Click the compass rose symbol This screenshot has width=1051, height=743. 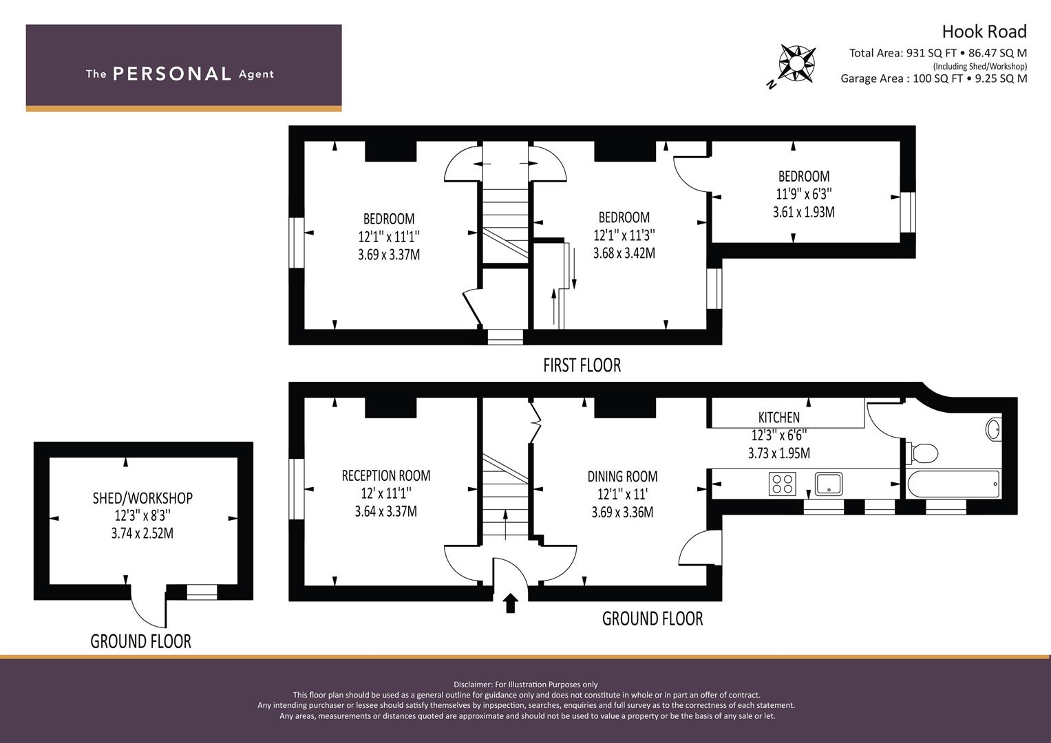pyautogui.click(x=796, y=63)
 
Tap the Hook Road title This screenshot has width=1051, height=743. pyautogui.click(x=984, y=32)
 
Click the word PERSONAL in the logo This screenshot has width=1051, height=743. pyautogui.click(x=172, y=74)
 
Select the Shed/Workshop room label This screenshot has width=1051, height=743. pyautogui.click(x=142, y=498)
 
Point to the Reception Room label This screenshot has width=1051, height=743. pyautogui.click(x=385, y=475)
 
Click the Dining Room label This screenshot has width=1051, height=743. pyautogui.click(x=622, y=477)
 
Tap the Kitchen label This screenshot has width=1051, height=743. pyautogui.click(x=779, y=418)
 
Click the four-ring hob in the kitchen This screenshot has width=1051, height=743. pyautogui.click(x=782, y=484)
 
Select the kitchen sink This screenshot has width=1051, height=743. pyautogui.click(x=829, y=484)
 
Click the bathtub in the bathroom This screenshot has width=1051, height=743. pyautogui.click(x=954, y=484)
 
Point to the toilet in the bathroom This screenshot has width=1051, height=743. pyautogui.click(x=922, y=453)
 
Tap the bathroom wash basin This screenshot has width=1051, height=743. pyautogui.click(x=992, y=429)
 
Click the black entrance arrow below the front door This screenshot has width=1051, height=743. pyautogui.click(x=511, y=603)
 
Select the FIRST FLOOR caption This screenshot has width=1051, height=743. pyautogui.click(x=582, y=365)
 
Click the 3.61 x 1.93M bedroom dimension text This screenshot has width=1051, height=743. pyautogui.click(x=804, y=212)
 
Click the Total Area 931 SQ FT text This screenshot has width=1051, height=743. pyautogui.click(x=937, y=54)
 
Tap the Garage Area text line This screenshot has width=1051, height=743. pyautogui.click(x=934, y=78)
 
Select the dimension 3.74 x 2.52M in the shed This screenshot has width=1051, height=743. pyautogui.click(x=142, y=533)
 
